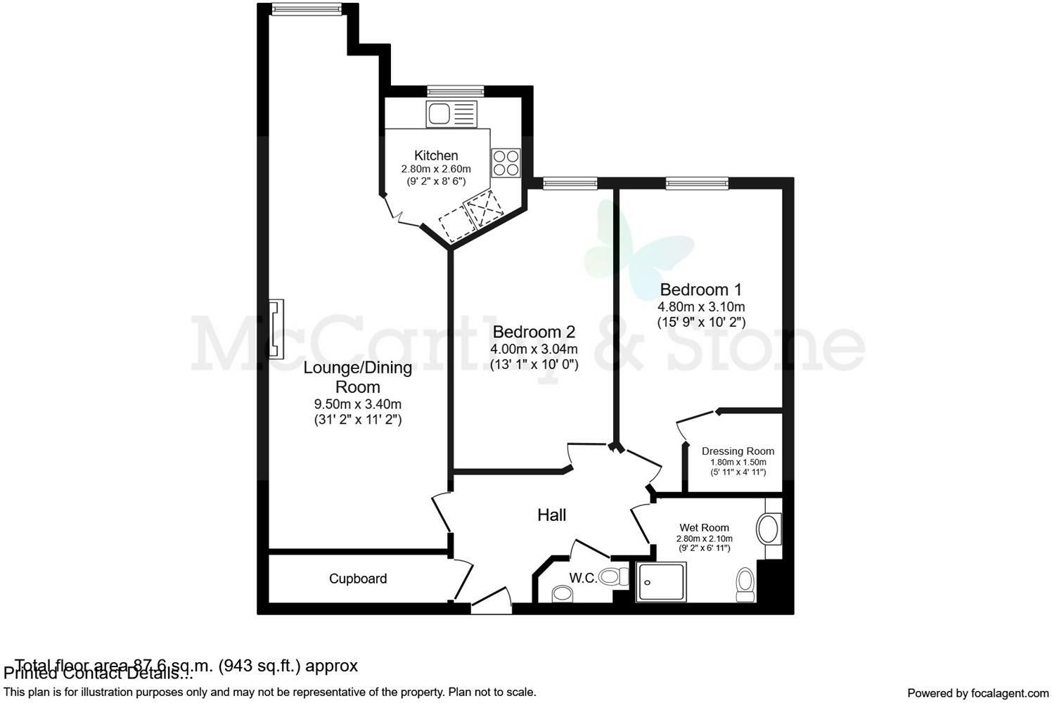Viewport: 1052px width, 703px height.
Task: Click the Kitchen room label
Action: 436,155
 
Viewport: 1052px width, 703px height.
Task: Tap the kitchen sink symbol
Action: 451,114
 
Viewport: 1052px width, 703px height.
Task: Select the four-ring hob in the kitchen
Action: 506,163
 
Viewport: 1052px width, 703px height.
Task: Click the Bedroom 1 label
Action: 700,290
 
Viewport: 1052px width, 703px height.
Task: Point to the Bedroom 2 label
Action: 534,332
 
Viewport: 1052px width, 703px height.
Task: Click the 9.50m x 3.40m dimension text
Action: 357,404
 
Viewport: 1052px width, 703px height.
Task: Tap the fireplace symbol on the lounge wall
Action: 276,329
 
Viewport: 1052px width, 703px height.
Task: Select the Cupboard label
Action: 358,579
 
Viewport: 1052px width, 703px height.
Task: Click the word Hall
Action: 551,515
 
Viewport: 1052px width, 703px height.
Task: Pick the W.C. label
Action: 583,579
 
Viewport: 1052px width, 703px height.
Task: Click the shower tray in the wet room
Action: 662,581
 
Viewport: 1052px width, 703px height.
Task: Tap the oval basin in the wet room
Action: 769,528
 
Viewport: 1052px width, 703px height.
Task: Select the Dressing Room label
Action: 738,451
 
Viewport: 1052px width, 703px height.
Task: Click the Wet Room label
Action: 704,527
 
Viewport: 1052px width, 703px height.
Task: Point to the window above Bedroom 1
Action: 697,183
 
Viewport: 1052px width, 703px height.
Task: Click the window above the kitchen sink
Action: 456,91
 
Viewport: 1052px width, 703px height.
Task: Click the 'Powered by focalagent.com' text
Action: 977,692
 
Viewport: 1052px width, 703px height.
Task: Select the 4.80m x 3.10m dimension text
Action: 700,307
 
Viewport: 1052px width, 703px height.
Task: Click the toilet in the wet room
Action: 745,585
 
